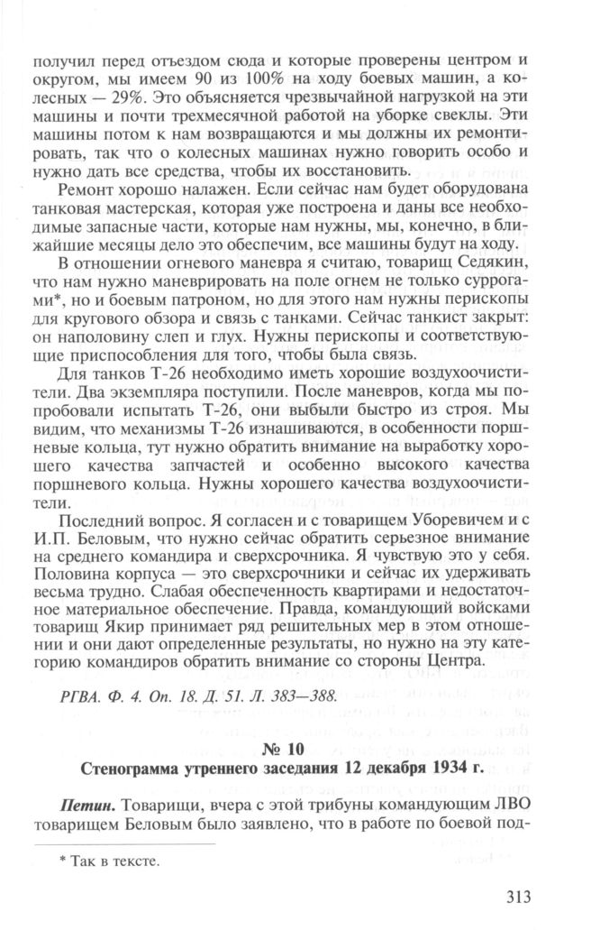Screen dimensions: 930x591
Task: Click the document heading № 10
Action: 295,750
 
